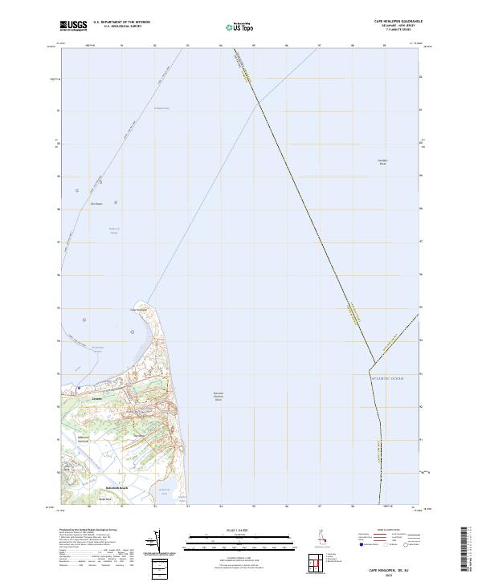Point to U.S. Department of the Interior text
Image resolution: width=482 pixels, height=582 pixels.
[x=121, y=22]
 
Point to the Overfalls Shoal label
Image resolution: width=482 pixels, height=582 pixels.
[x=382, y=161]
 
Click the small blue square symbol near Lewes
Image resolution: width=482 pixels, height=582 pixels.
[x=80, y=389]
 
